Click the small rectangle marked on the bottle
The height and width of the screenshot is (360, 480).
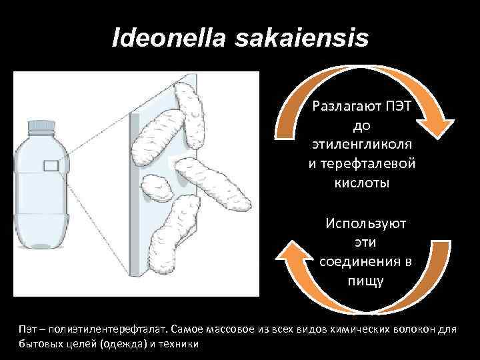51,166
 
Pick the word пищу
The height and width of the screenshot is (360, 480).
365,279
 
